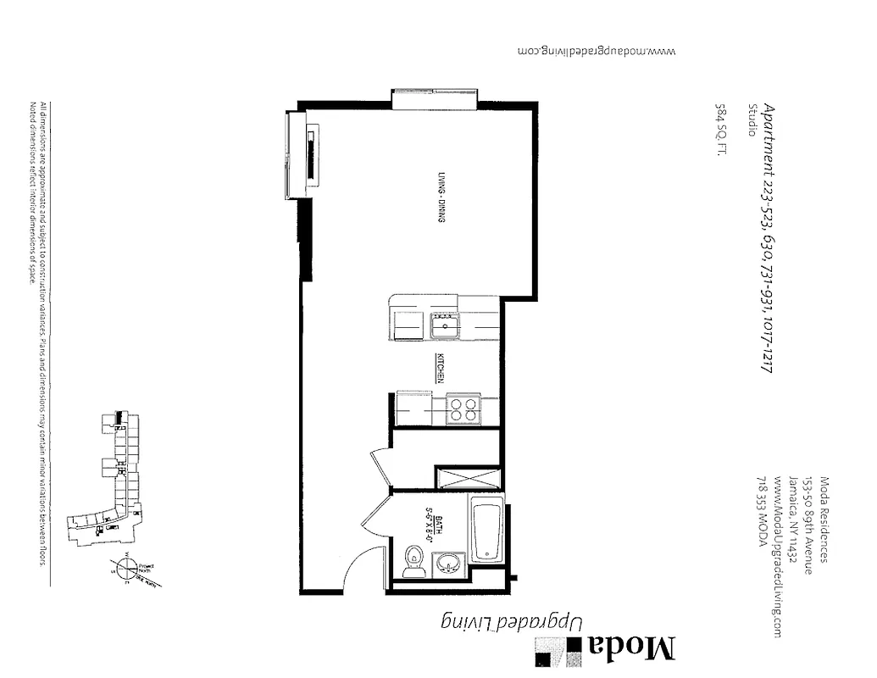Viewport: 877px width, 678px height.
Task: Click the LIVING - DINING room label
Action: coord(441,197)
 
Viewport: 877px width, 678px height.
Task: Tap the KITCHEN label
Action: coord(441,368)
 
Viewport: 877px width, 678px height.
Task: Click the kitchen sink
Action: coord(443,323)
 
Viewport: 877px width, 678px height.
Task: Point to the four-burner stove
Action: coord(463,410)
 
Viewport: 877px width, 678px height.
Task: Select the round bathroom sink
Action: coord(448,564)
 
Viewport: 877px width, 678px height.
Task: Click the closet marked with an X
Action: coord(469,477)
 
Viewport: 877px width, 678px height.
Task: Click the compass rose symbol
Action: coord(126,569)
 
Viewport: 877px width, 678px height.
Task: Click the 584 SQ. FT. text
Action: coord(721,131)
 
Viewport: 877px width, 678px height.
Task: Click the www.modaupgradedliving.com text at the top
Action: coord(597,50)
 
